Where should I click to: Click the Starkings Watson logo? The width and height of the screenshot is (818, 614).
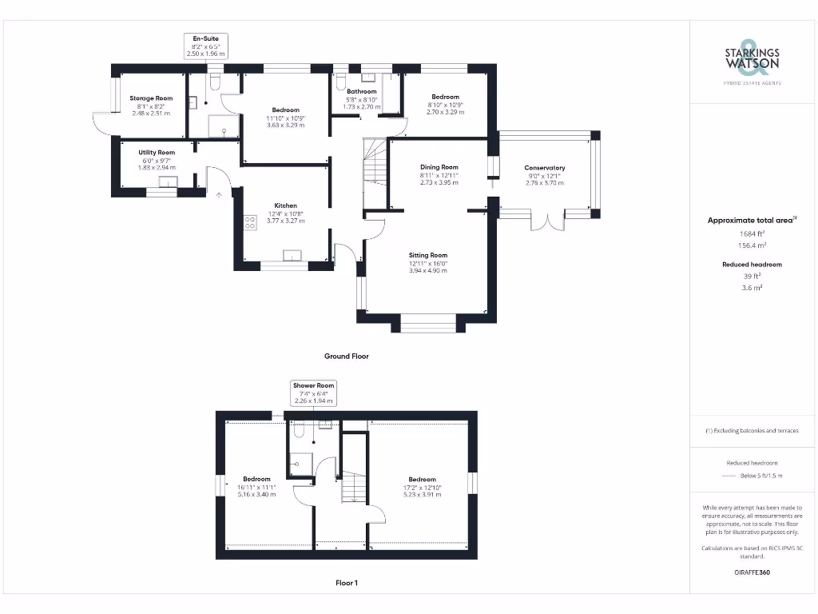(x=752, y=60)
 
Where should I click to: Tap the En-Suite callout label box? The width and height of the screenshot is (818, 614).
(x=206, y=46)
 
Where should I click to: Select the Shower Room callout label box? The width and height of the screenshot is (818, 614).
(x=314, y=393)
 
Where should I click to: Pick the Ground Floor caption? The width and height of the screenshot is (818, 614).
(x=346, y=356)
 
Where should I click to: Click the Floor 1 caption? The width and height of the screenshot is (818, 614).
(x=346, y=583)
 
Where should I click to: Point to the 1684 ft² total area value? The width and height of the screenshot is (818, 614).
(x=752, y=233)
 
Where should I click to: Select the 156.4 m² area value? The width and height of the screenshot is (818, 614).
(x=752, y=245)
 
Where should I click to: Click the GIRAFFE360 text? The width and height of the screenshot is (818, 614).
(x=752, y=572)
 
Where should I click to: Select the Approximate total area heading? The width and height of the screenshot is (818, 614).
(x=749, y=220)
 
